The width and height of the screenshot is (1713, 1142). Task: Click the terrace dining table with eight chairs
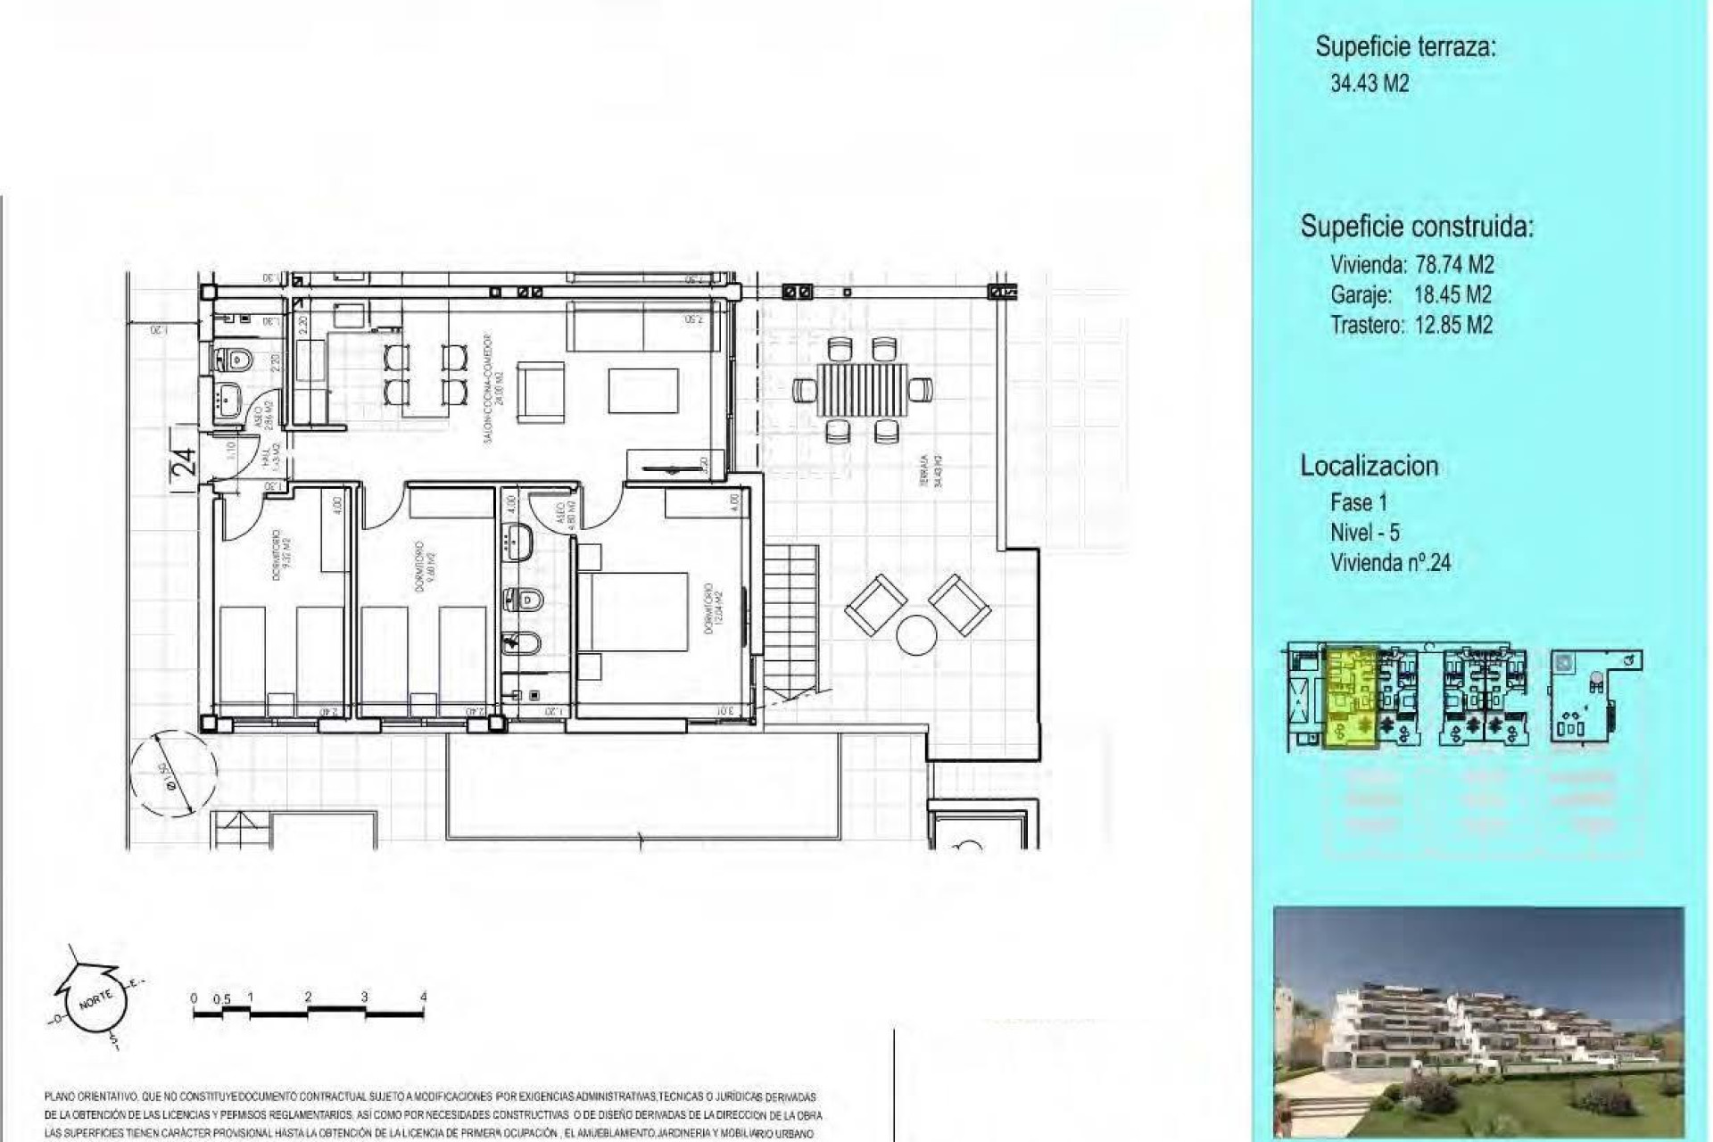pyautogui.click(x=862, y=390)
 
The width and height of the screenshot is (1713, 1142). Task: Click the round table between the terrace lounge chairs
pyautogui.click(x=916, y=635)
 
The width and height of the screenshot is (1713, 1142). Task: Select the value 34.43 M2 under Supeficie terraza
pyautogui.click(x=1370, y=84)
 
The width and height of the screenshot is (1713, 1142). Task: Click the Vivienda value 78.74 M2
pyautogui.click(x=1454, y=265)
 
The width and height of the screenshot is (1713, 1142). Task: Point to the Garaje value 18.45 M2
pyautogui.click(x=1452, y=294)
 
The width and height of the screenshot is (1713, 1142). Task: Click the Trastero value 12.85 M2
pyautogui.click(x=1453, y=325)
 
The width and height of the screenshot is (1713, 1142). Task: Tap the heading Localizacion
pyautogui.click(x=1369, y=466)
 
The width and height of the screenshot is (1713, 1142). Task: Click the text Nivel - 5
pyautogui.click(x=1364, y=533)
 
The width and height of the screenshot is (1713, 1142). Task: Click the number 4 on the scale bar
pyautogui.click(x=423, y=997)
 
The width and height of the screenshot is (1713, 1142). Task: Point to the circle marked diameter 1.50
pyautogui.click(x=173, y=772)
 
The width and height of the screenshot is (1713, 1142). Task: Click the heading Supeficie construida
pyautogui.click(x=1416, y=227)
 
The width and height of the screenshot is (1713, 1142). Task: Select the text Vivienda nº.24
pyautogui.click(x=1390, y=563)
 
